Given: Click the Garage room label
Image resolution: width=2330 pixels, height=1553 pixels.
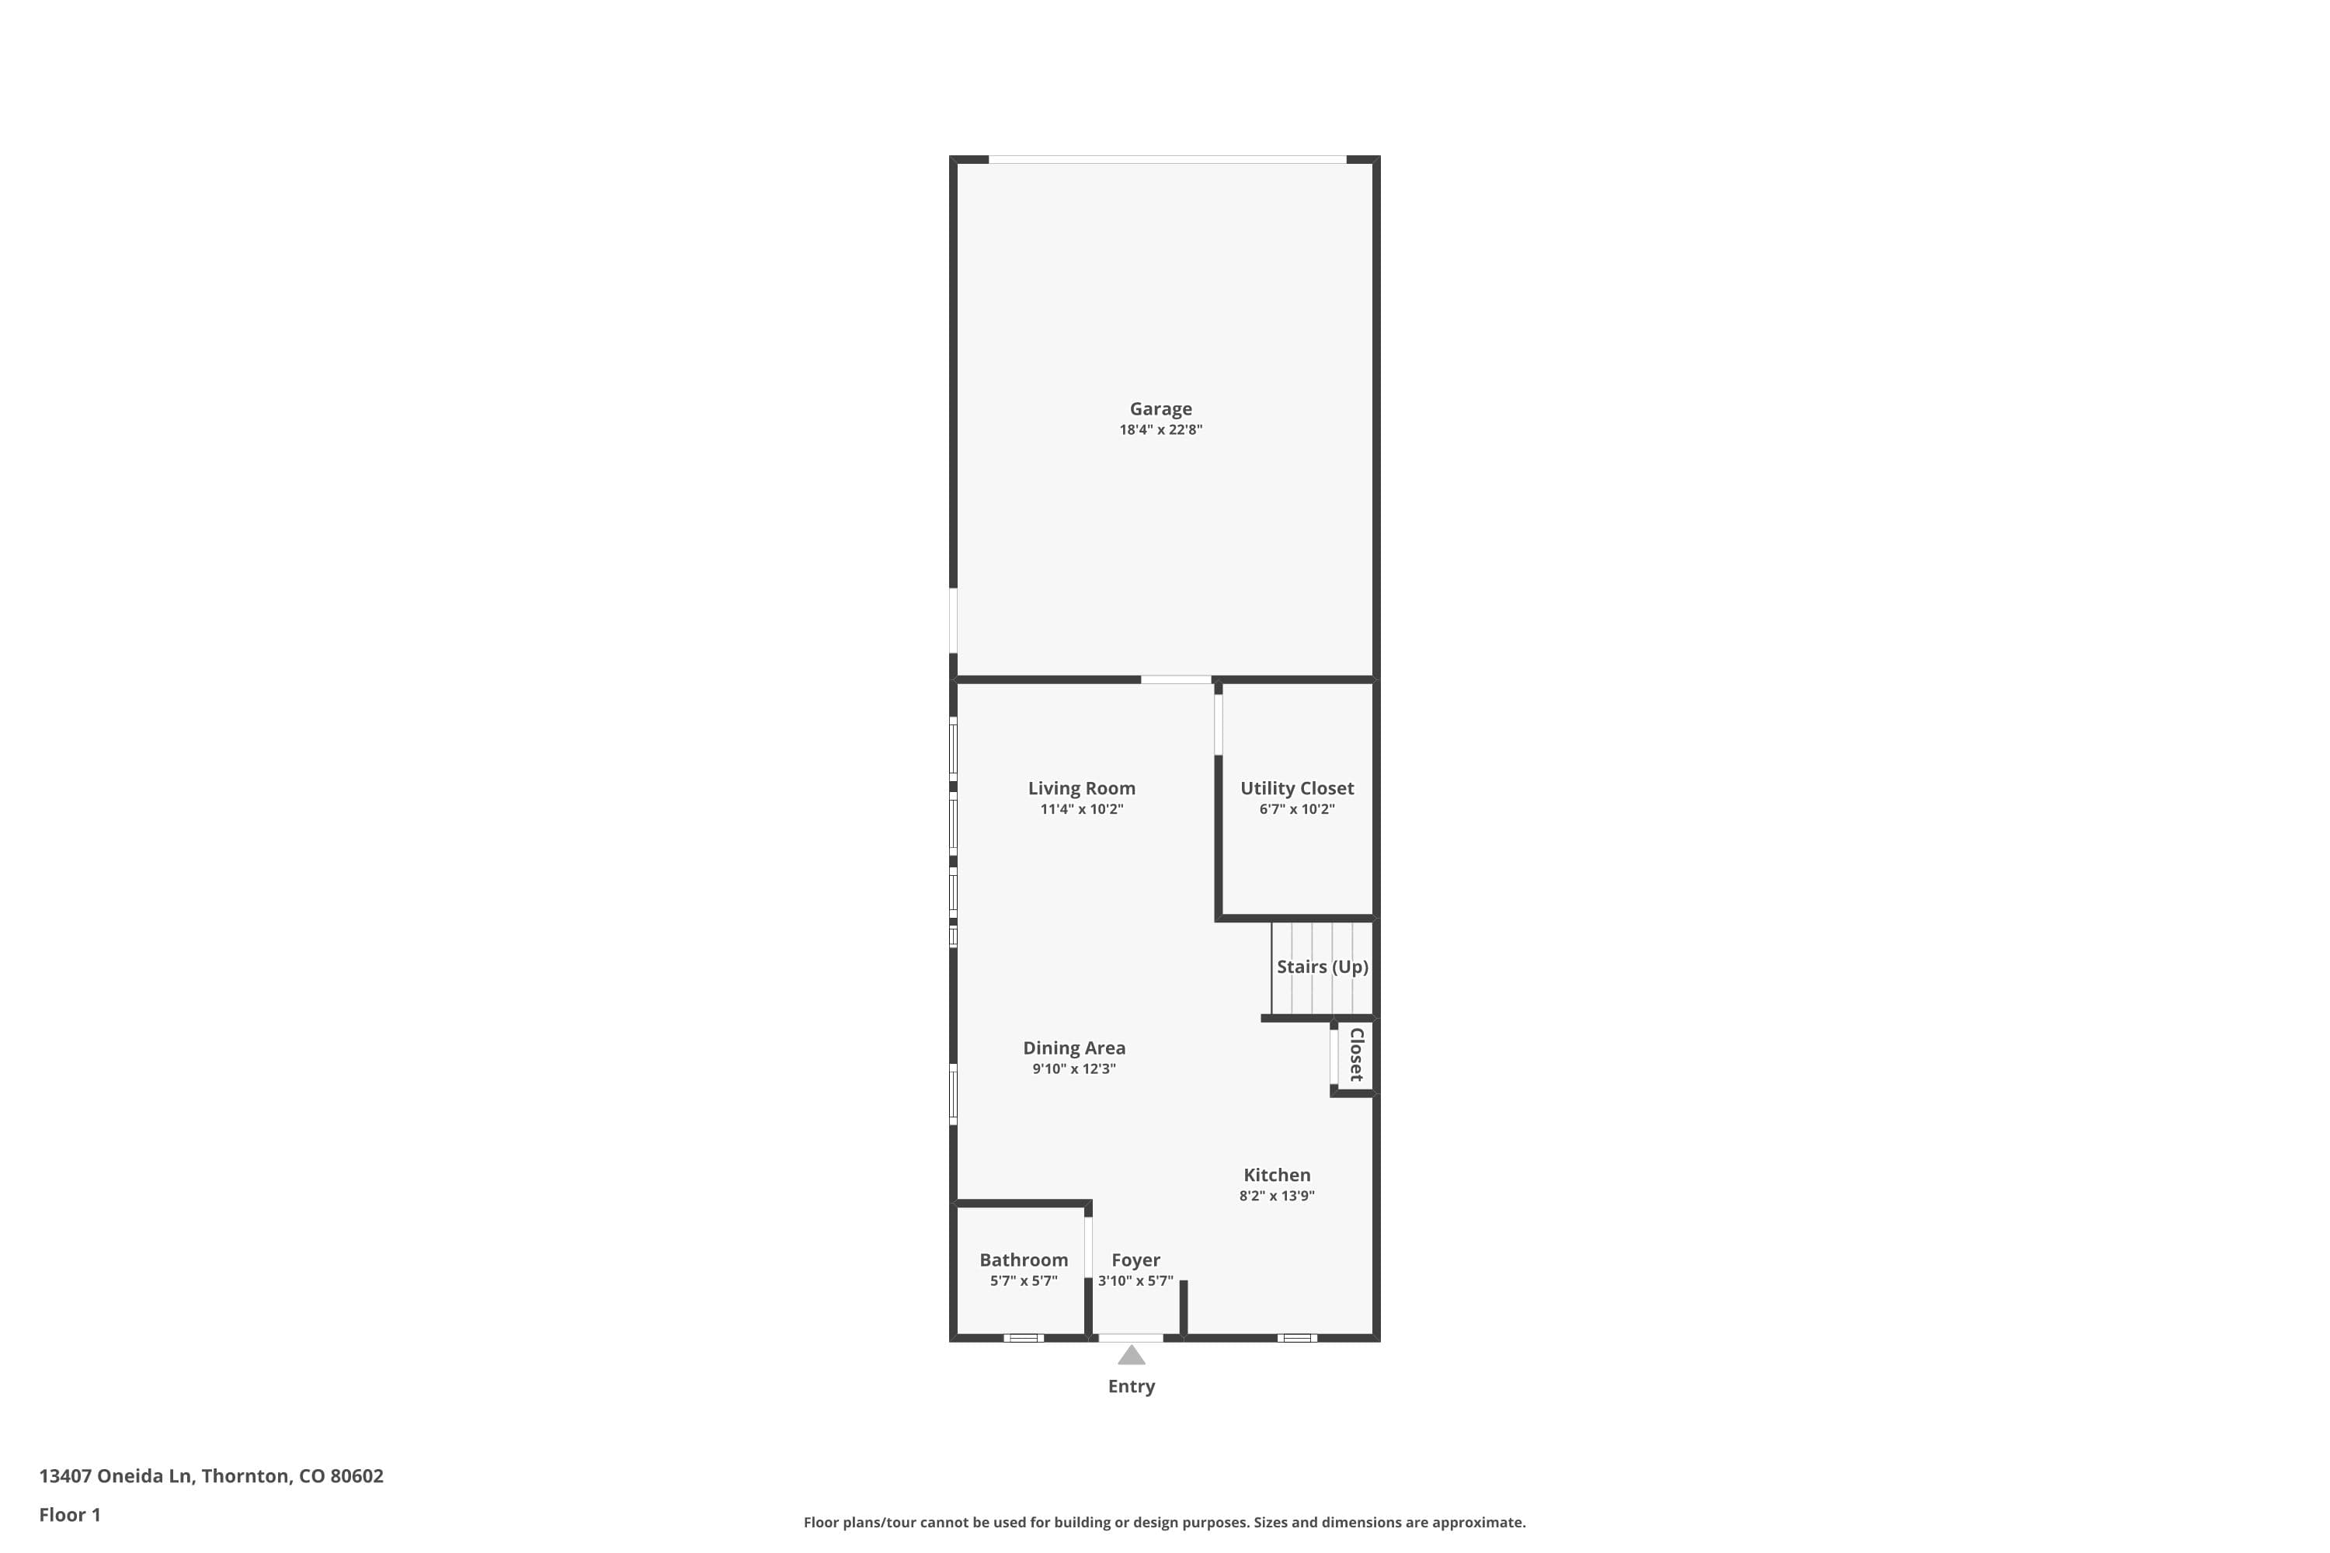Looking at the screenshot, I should pyautogui.click(x=1160, y=408).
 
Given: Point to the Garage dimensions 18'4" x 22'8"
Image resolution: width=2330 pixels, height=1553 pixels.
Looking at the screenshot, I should pyautogui.click(x=1160, y=430).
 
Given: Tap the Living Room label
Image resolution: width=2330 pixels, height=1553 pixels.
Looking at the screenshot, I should pyautogui.click(x=1081, y=788).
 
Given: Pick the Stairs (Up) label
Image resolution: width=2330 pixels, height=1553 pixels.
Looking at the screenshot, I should pyautogui.click(x=1322, y=967).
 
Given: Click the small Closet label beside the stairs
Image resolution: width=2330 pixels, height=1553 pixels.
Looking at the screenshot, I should pyautogui.click(x=1356, y=1054).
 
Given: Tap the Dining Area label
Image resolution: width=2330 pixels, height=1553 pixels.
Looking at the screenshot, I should pyautogui.click(x=1074, y=1047).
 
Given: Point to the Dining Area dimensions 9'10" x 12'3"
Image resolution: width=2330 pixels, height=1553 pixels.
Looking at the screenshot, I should pyautogui.click(x=1074, y=1068).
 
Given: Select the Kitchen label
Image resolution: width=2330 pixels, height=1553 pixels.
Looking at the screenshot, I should pyautogui.click(x=1276, y=1175).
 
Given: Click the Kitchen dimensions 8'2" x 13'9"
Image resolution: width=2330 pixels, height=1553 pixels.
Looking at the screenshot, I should pyautogui.click(x=1276, y=1196).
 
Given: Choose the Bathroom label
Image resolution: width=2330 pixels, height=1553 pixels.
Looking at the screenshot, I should pyautogui.click(x=1024, y=1259).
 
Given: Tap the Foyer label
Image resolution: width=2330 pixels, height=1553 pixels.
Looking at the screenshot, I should pyautogui.click(x=1135, y=1259).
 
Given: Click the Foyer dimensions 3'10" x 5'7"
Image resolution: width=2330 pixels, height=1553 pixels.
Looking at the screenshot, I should pyautogui.click(x=1135, y=1280).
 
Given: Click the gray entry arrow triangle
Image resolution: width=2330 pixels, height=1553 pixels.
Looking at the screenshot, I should pyautogui.click(x=1132, y=1355).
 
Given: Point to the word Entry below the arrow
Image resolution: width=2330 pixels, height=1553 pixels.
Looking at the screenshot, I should pyautogui.click(x=1132, y=1387).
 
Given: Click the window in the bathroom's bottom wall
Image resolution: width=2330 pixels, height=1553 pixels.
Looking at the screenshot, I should pyautogui.click(x=1024, y=1338).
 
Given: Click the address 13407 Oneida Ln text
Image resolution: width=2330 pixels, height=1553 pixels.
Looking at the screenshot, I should pyautogui.click(x=211, y=1476).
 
